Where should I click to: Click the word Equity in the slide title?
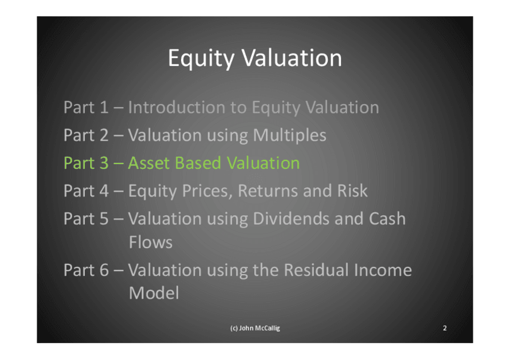(x=201, y=59)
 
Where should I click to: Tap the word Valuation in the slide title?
(x=292, y=58)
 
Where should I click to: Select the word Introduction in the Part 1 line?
(x=176, y=107)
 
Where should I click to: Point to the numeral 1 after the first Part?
(x=104, y=108)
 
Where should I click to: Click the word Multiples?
(x=289, y=136)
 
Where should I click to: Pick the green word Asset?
(x=149, y=163)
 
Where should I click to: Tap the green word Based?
(x=198, y=163)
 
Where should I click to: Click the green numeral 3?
(x=104, y=163)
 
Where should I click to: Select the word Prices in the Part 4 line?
(x=207, y=191)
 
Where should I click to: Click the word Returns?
(x=268, y=191)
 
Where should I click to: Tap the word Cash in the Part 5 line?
(x=387, y=218)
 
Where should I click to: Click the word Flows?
(x=150, y=242)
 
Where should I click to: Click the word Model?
(x=154, y=293)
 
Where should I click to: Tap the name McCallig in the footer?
(x=268, y=329)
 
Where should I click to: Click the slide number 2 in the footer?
(x=444, y=328)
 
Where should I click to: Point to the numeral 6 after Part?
(x=104, y=270)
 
